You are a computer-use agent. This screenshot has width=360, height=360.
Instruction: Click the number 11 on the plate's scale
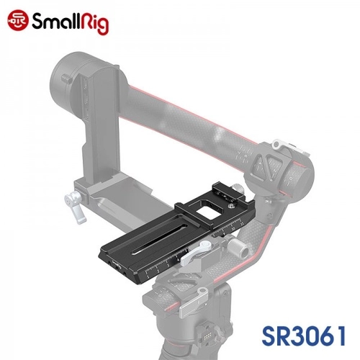point(242,223)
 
